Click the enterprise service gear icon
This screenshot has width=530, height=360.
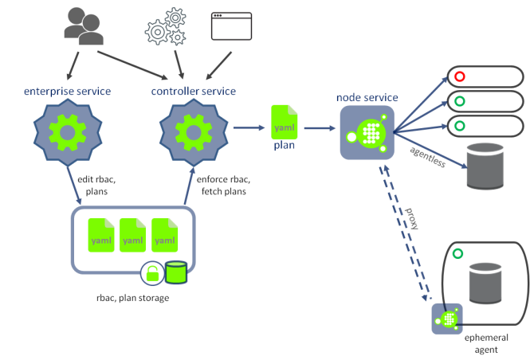click(x=68, y=130)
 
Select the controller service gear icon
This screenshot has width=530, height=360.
click(x=192, y=130)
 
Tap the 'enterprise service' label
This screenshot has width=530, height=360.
click(x=68, y=91)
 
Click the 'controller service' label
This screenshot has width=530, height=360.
click(x=194, y=91)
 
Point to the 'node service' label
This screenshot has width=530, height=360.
click(x=367, y=97)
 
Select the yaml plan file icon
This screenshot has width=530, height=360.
click(x=285, y=122)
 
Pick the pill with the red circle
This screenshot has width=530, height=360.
click(x=485, y=76)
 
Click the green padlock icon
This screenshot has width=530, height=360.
click(x=152, y=274)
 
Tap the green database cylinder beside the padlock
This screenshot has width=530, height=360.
click(x=176, y=272)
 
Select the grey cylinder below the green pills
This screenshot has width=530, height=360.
click(x=485, y=166)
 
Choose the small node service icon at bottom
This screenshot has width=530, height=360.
click(x=447, y=319)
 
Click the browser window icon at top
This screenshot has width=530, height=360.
click(x=231, y=25)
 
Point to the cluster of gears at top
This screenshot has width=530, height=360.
click(x=166, y=27)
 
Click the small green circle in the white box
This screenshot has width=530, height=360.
click(x=457, y=254)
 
